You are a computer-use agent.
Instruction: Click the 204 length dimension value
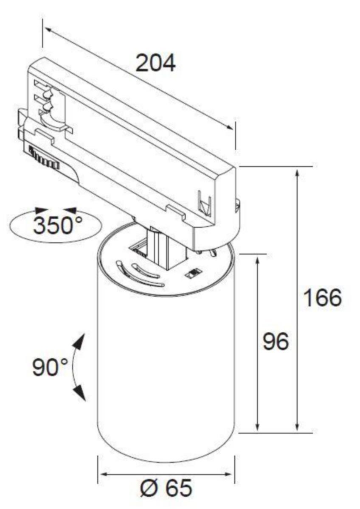[x=155, y=62]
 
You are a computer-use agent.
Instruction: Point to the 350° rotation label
[x=58, y=225]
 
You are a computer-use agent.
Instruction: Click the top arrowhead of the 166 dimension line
[x=297, y=176]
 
